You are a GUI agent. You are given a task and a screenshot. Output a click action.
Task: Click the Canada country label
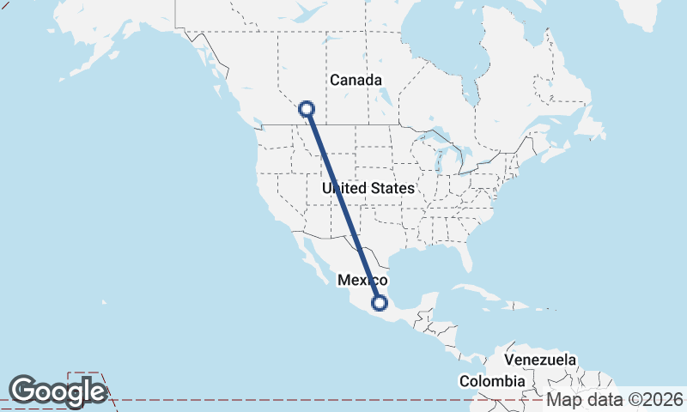tap(356, 80)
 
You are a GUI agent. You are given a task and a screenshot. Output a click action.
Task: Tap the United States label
tap(368, 187)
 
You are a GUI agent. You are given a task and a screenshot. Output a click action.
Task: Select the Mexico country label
tap(362, 280)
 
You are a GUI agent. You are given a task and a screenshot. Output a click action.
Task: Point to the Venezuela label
tap(540, 360)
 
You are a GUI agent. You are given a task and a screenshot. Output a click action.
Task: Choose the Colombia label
tap(491, 380)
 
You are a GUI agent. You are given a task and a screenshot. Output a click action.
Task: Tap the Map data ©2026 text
tap(616, 399)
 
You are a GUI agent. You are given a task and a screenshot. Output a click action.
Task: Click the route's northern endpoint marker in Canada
tap(307, 109)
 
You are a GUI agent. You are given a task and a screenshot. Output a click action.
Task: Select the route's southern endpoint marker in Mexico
tap(379, 302)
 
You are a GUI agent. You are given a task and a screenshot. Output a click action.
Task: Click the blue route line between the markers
tap(343, 206)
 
